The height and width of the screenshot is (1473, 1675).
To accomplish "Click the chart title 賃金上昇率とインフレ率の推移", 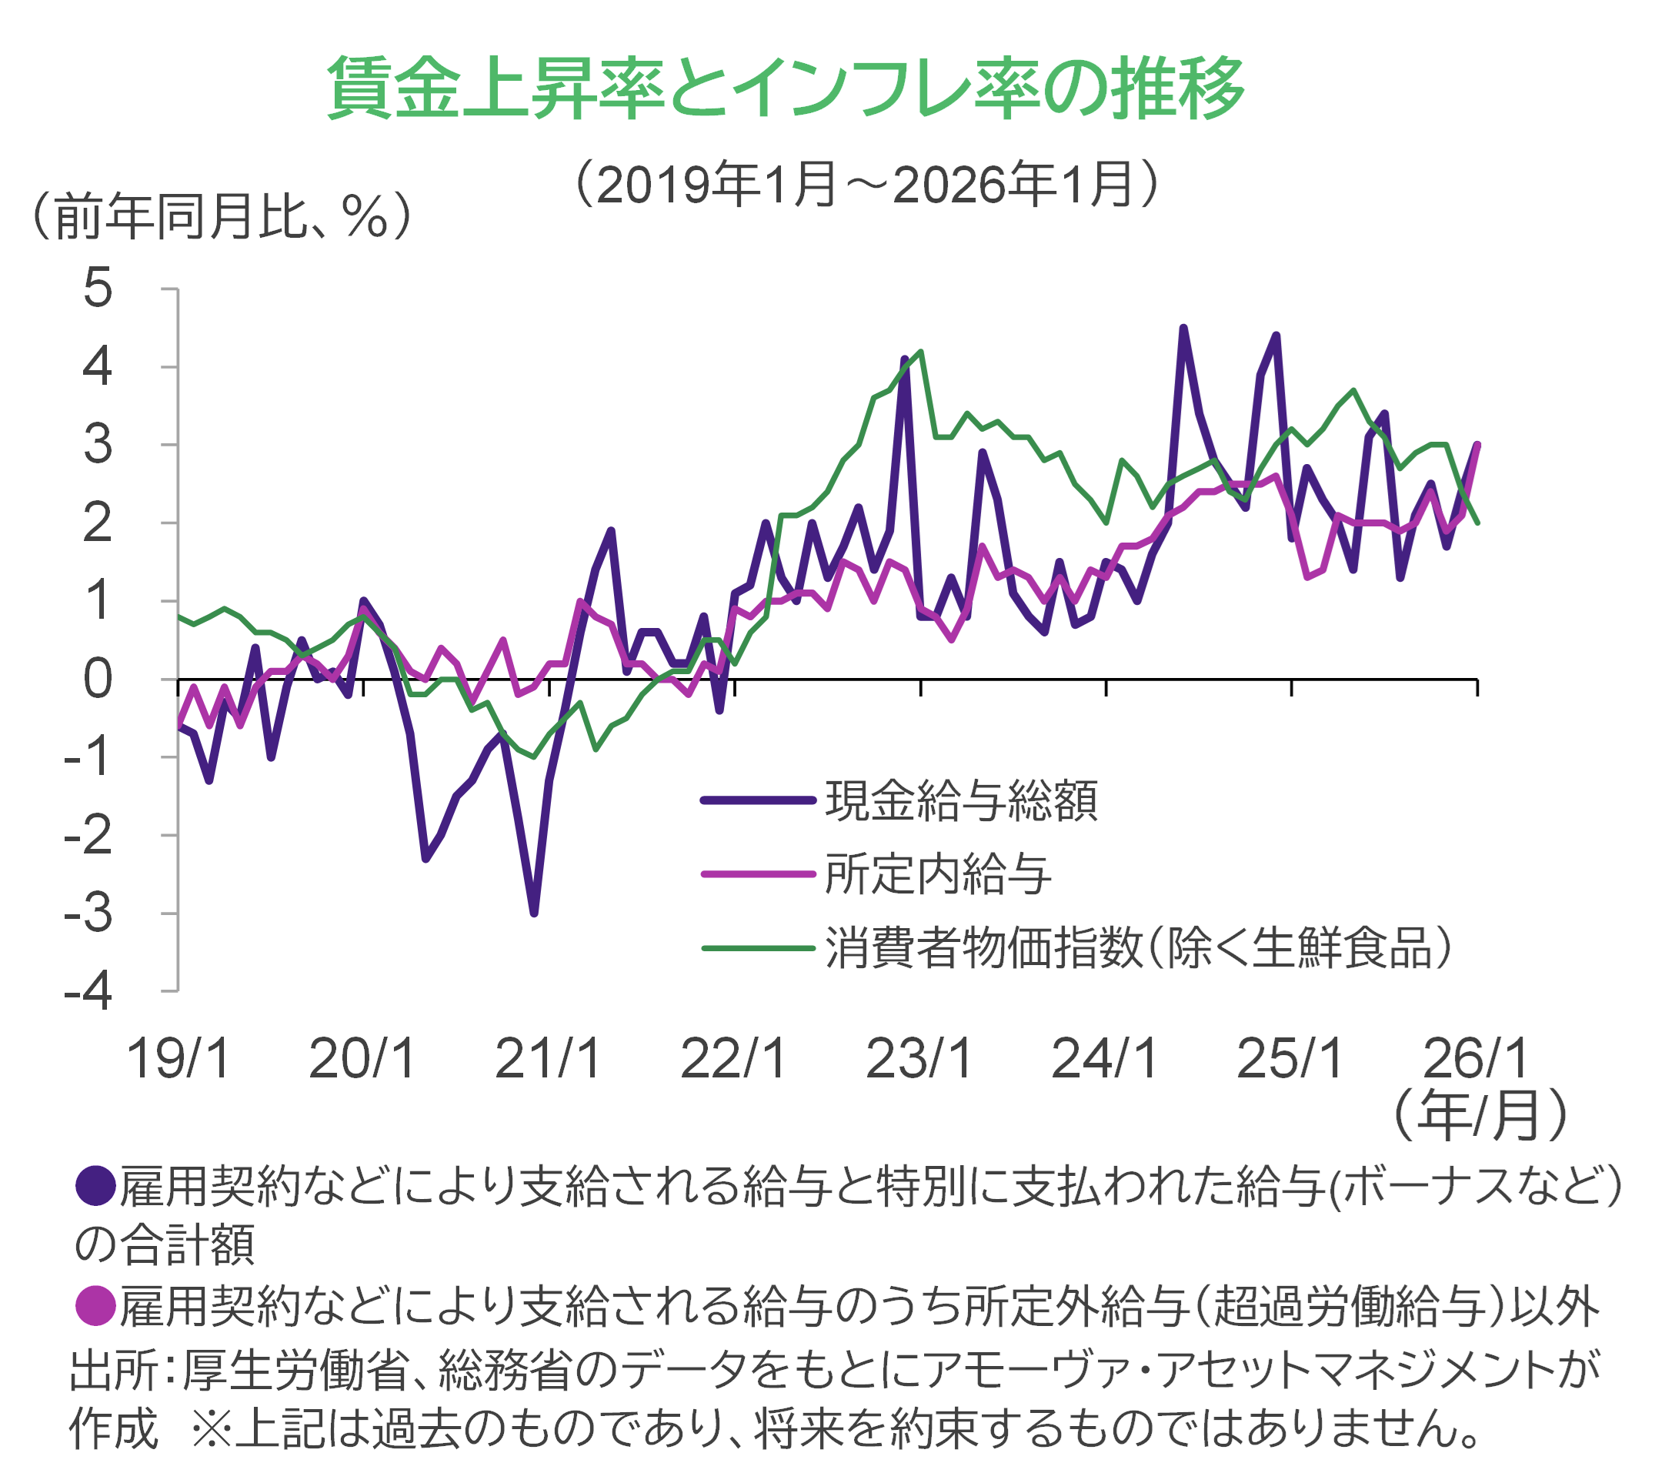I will pos(786,89).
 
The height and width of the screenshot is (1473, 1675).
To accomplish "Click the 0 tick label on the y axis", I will pos(98,679).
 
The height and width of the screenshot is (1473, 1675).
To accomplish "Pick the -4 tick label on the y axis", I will pos(88,992).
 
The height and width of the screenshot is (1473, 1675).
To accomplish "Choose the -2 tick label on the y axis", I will pos(88,836).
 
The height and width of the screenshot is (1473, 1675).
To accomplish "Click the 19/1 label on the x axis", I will pos(178,1058).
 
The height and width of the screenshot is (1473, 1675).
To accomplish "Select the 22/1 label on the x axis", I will pos(733,1058).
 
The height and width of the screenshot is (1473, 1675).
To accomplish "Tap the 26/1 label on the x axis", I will pos(1476,1058).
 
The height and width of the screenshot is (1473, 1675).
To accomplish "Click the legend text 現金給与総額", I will pos(961,801).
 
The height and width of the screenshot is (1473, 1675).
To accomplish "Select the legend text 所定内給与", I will pos(939,873).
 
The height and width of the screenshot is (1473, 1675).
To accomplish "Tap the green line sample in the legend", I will pos(759,948).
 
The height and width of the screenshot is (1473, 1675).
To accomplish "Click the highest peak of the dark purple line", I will pos(1183,327).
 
